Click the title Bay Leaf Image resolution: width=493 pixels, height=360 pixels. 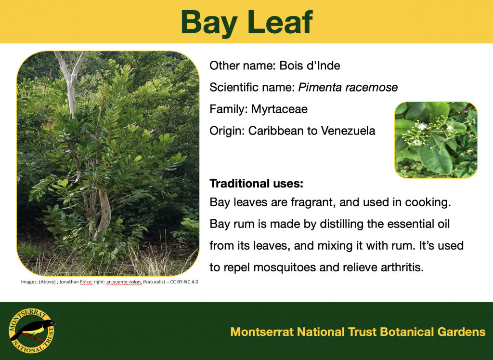click(246, 22)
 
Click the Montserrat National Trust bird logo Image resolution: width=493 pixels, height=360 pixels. click(32, 331)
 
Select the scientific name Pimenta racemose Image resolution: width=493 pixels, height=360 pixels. click(348, 88)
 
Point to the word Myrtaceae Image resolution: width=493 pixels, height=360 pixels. click(279, 109)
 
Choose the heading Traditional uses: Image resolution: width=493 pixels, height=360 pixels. click(256, 184)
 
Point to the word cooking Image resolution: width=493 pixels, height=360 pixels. click(426, 202)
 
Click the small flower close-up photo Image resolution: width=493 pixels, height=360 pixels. click(436, 140)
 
